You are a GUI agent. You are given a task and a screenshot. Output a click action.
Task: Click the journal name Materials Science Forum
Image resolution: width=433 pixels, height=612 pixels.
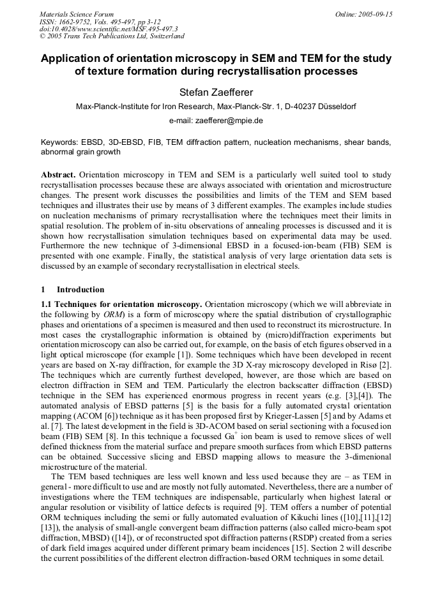click(77, 14)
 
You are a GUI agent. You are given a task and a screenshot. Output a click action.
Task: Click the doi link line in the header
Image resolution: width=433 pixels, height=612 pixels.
click(109, 29)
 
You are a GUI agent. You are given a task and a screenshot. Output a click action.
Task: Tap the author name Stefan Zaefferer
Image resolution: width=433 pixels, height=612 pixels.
click(216, 93)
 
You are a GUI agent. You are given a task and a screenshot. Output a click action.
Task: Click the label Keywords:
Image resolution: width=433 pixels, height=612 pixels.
click(59, 142)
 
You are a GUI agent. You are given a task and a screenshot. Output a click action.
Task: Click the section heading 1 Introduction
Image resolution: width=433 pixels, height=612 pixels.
click(72, 289)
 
